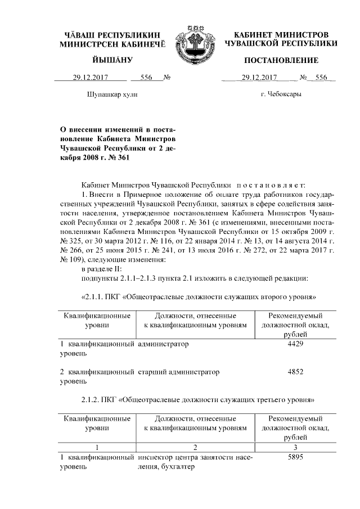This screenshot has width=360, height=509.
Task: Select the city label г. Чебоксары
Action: (x=281, y=94)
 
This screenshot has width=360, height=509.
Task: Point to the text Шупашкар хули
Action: (x=112, y=94)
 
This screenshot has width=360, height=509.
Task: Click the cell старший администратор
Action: (x=178, y=372)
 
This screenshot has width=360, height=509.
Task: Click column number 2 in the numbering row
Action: (x=195, y=447)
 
